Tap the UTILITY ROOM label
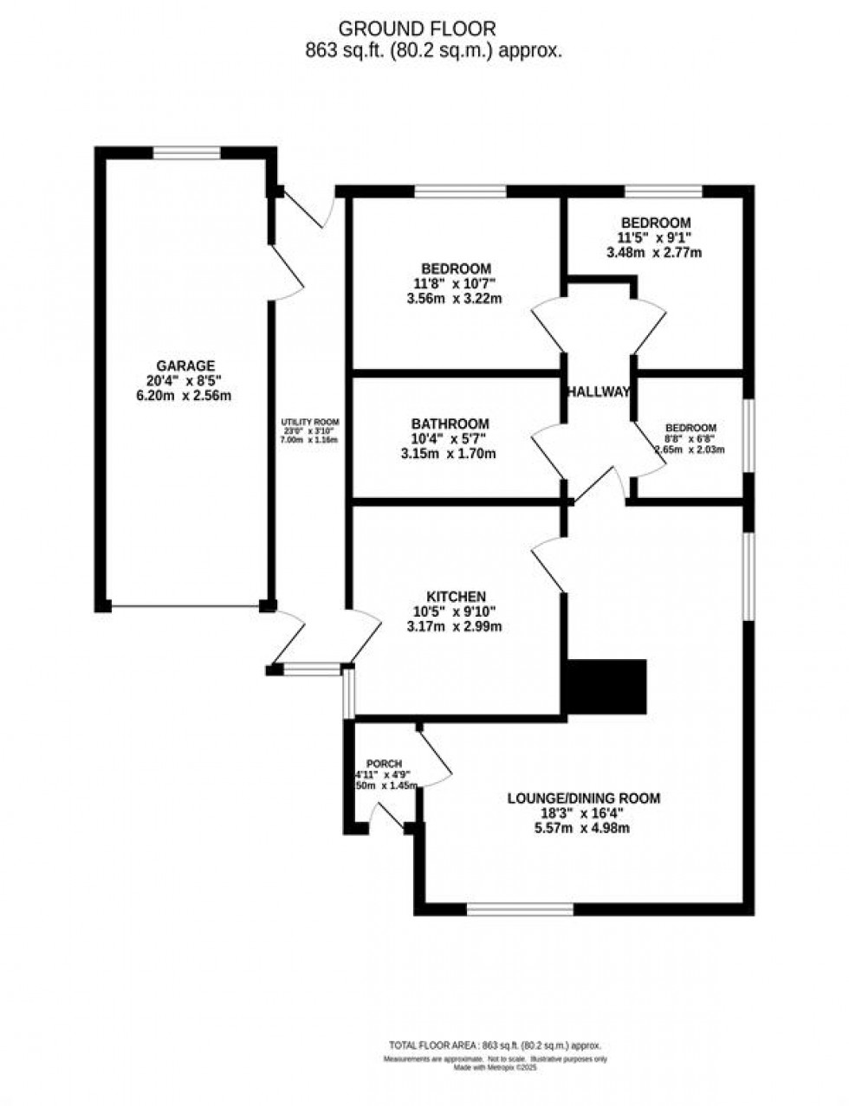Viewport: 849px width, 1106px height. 308,424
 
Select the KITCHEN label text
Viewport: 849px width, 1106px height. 455,597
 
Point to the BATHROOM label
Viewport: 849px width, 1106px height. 450,424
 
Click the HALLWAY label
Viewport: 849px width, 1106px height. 598,391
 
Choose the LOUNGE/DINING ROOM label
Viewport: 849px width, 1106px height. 583,798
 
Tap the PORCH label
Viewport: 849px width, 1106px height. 385,764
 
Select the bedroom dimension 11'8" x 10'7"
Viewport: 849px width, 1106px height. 456,283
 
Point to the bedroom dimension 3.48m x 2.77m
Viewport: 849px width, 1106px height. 653,253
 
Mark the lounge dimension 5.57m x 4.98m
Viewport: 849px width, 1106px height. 580,828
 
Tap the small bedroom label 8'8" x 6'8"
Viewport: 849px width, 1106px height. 690,439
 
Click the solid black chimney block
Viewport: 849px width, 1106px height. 606,687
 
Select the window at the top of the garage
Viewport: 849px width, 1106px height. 187,152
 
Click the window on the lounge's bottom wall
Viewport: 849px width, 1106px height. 520,909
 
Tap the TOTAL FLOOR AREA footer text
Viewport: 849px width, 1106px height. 495,1045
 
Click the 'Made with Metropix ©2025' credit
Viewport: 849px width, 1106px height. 496,1068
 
